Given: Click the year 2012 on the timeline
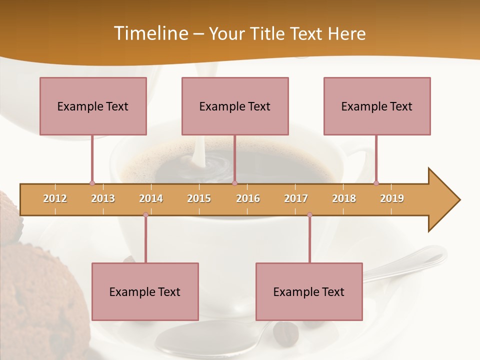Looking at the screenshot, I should coord(55,198).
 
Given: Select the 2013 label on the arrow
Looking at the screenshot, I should coord(103,198).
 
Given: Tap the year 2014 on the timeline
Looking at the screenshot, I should coord(151,198).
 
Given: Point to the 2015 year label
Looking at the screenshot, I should coord(199,198).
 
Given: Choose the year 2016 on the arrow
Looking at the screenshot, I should coord(248,198).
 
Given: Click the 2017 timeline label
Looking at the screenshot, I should coord(296,198).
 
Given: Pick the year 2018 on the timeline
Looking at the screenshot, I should coord(344,198).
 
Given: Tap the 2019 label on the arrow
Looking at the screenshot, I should coord(392,198).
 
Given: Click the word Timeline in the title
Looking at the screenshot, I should coord(150,33).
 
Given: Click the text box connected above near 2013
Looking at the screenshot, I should coord(93,106).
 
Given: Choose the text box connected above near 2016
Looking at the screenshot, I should coord(235,106).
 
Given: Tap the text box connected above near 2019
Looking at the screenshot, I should coord(377,106).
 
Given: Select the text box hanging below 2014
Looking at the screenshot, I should coord(145,291).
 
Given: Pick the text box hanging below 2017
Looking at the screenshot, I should coord(309,291).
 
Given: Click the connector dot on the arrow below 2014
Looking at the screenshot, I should coord(145,215).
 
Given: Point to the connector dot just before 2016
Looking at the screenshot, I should coord(235,183).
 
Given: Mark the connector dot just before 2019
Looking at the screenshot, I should coord(376,183).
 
